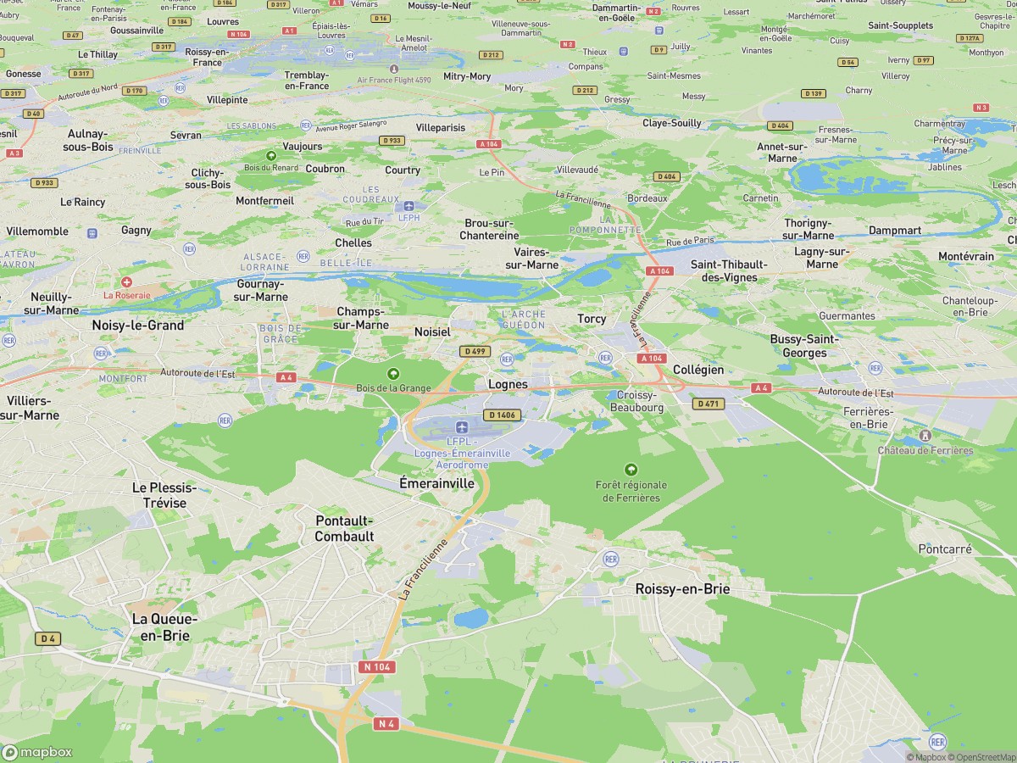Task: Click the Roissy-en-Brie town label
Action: [682, 589]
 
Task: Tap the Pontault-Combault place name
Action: [344, 528]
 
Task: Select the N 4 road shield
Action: [386, 723]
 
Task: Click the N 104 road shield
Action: [377, 667]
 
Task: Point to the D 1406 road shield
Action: [501, 415]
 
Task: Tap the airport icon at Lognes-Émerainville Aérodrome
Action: [461, 426]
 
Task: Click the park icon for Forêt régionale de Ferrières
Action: [631, 469]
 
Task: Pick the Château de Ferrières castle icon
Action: [925, 436]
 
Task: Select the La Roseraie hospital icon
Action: [126, 281]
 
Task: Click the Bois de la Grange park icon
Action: [392, 373]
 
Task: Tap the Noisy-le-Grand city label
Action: [138, 325]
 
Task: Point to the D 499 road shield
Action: [475, 351]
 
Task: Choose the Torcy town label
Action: [592, 319]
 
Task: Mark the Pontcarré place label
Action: [945, 549]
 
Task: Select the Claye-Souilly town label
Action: [672, 123]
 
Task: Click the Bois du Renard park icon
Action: [270, 155]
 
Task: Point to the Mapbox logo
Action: [37, 752]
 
